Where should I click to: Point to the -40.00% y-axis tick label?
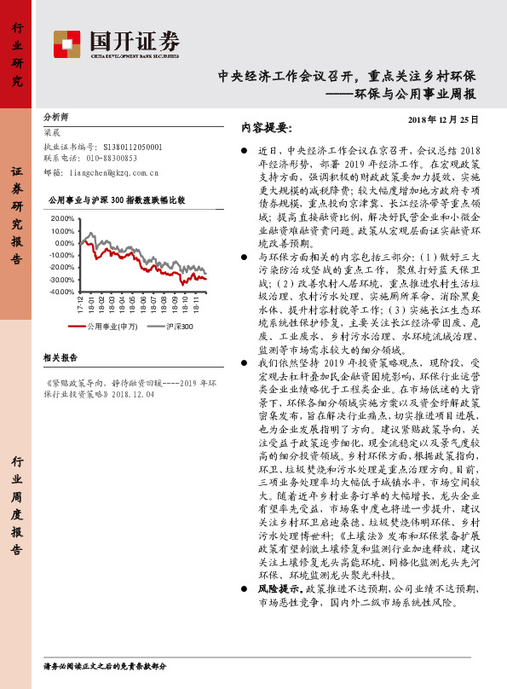[x=63, y=292]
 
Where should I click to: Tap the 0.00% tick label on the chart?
[x=66, y=243]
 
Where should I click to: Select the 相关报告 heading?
[x=60, y=357]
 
